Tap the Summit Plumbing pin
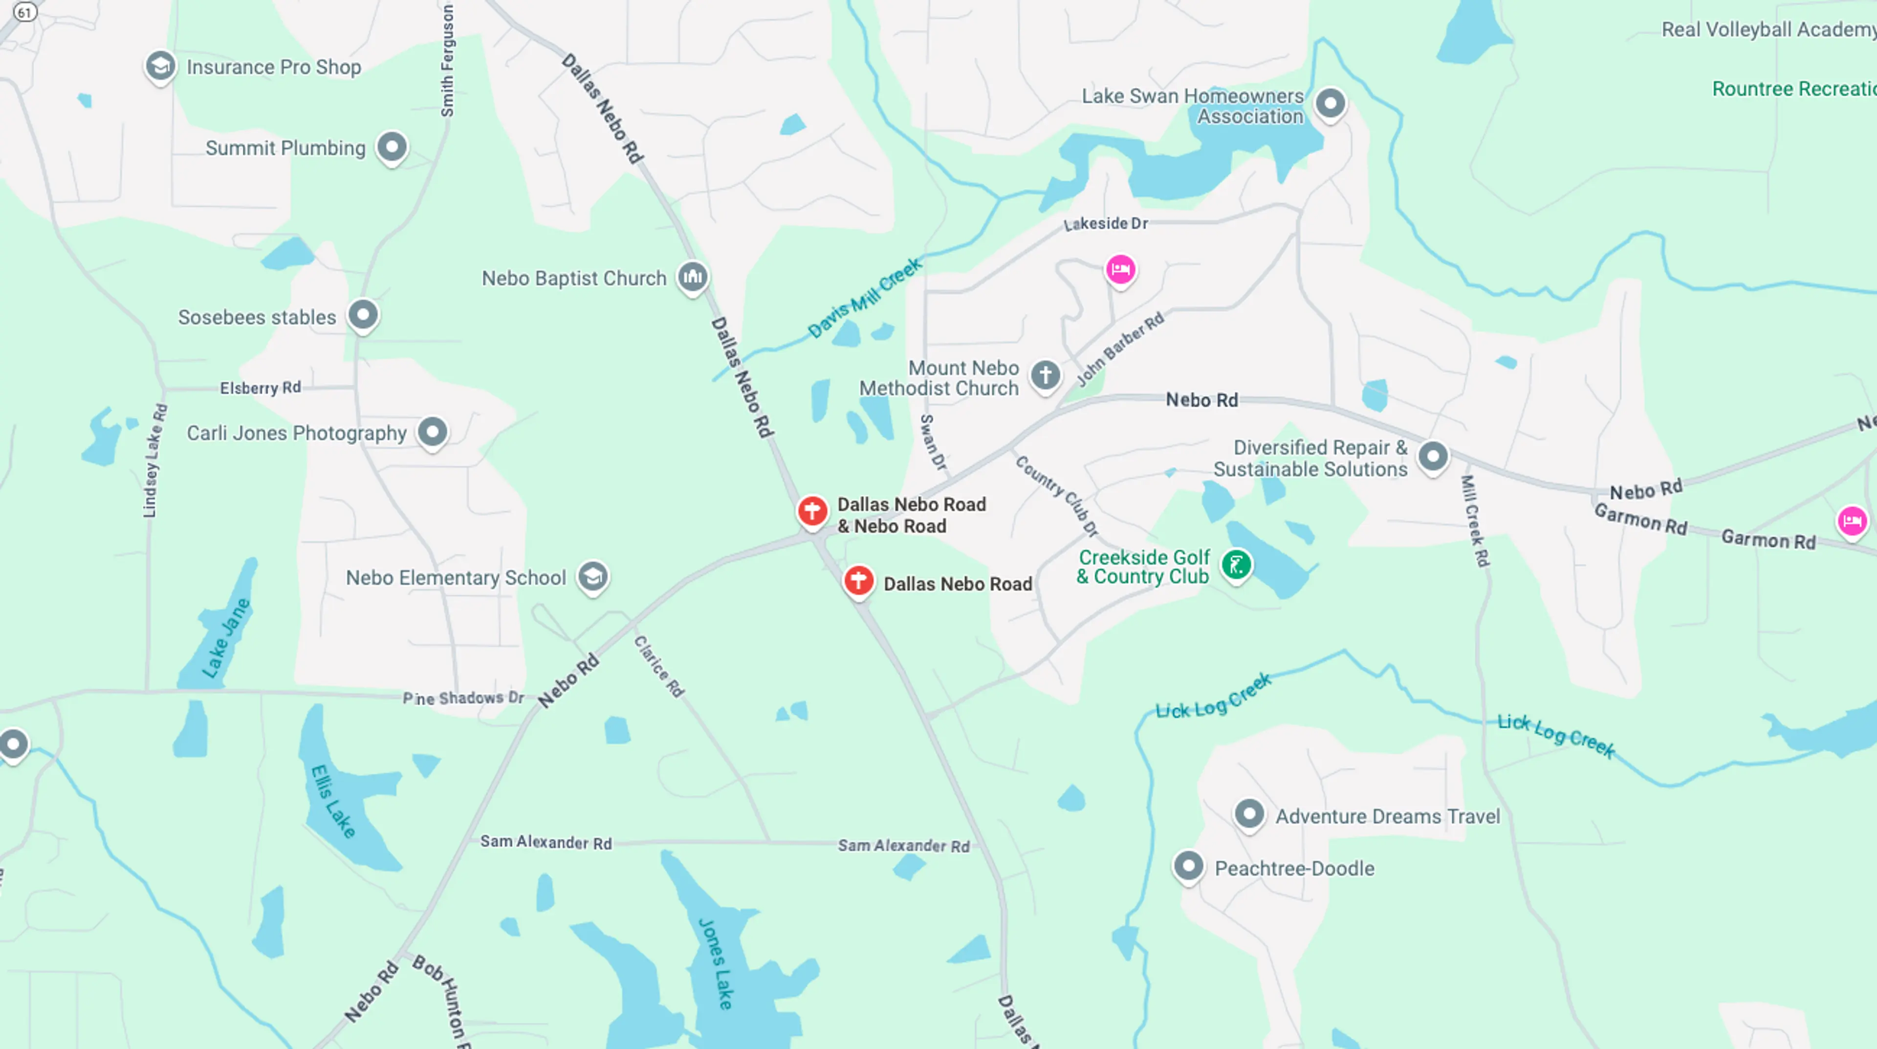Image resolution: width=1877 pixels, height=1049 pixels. pyautogui.click(x=392, y=147)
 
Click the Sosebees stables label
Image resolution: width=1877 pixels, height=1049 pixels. pyautogui.click(x=257, y=317)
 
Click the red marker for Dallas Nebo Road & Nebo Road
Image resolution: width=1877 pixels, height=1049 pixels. pyautogui.click(x=812, y=510)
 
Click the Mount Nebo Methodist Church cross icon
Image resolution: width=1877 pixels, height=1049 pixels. pyautogui.click(x=1046, y=376)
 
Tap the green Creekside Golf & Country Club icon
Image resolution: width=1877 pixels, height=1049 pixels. pyautogui.click(x=1237, y=564)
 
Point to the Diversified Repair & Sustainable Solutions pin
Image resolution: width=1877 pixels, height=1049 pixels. pyautogui.click(x=1433, y=456)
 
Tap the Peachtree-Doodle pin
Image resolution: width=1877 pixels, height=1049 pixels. pyautogui.click(x=1188, y=866)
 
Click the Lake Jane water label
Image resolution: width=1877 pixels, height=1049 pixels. pyautogui.click(x=227, y=638)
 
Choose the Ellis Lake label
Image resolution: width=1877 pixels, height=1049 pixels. pyautogui.click(x=334, y=801)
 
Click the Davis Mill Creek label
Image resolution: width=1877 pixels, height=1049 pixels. pyautogui.click(x=865, y=297)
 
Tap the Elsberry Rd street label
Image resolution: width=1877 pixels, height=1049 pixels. pyautogui.click(x=260, y=387)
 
